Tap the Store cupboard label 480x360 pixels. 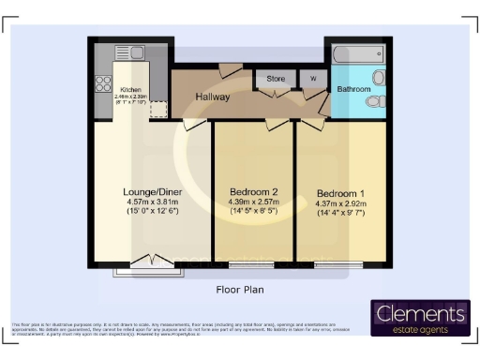click(276, 79)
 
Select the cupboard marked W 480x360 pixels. click(312, 79)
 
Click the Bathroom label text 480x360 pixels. click(354, 90)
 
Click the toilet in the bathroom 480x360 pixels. click(376, 101)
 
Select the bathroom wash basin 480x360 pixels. click(379, 78)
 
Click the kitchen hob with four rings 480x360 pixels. click(102, 84)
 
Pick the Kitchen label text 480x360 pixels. click(130, 90)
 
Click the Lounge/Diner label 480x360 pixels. click(154, 191)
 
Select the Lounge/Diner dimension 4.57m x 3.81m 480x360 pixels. click(154, 202)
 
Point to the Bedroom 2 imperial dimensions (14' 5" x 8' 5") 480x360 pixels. click(255, 212)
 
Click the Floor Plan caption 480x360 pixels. click(240, 290)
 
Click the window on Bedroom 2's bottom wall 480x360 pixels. click(245, 264)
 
